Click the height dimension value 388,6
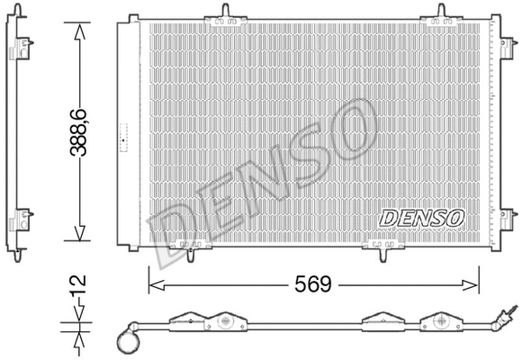pyautogui.click(x=82, y=132)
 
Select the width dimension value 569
pyautogui.click(x=312, y=284)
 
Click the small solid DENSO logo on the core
pyautogui.click(x=421, y=217)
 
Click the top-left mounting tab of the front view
pyautogui.click(x=220, y=13)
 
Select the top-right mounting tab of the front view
pyautogui.click(x=441, y=13)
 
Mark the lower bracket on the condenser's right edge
pyautogui.click(x=508, y=218)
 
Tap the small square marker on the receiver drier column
pyautogui.click(x=122, y=139)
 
